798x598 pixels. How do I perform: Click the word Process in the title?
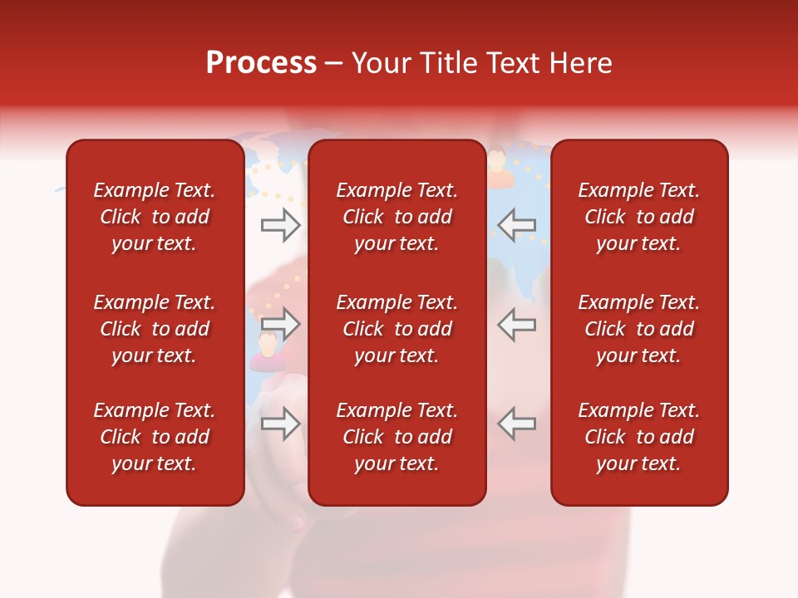point(261,63)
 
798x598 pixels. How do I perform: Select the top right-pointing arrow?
point(280,224)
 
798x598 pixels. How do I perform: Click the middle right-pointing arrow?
point(280,324)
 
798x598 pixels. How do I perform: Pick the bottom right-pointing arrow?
point(280,423)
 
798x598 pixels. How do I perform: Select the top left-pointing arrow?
point(517,224)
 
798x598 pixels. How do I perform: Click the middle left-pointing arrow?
point(517,324)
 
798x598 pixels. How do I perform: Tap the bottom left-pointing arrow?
point(517,423)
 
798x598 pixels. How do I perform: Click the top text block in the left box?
point(155,217)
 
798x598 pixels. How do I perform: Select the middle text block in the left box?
point(155,329)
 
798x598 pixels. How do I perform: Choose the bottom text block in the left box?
point(155,437)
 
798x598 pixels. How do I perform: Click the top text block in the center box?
point(397,217)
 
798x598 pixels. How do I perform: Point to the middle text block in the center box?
point(397,329)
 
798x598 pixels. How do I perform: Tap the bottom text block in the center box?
point(397,437)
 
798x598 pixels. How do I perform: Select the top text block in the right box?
point(638,217)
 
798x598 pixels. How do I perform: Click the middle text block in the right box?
point(638,329)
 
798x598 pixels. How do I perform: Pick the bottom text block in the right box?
point(638,437)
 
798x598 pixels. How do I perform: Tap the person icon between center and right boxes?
point(496,160)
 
